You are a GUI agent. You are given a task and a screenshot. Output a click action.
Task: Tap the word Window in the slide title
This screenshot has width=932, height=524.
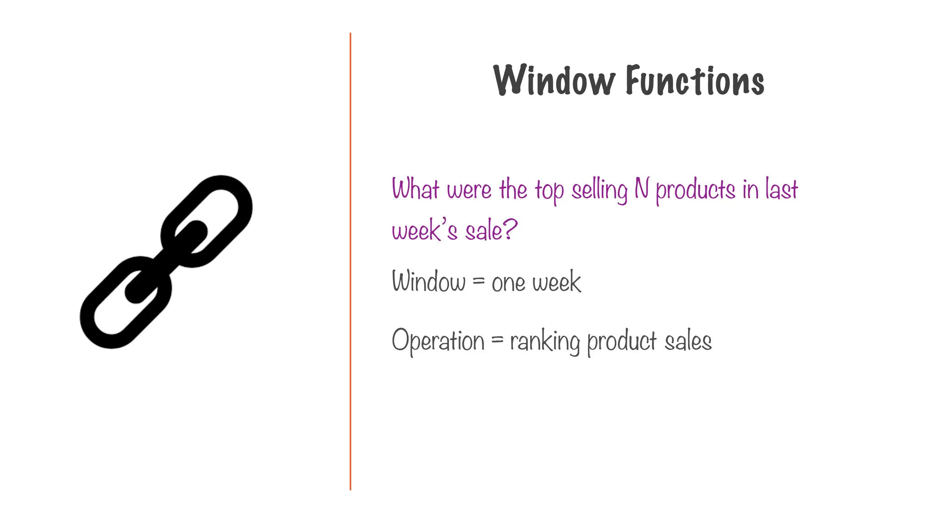(x=554, y=81)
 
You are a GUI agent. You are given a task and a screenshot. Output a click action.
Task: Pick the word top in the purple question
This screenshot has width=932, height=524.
(x=549, y=191)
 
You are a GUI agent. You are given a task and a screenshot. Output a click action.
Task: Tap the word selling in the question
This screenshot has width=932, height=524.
(x=599, y=190)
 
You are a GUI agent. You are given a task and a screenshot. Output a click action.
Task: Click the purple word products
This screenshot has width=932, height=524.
(x=695, y=191)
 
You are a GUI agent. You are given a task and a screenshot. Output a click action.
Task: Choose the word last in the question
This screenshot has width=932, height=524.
(x=781, y=189)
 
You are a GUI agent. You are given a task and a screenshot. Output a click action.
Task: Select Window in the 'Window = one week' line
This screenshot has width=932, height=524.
(x=429, y=282)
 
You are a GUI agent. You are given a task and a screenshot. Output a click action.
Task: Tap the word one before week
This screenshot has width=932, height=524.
(x=508, y=283)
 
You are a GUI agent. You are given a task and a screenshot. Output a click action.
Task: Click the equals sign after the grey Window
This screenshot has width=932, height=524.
(x=478, y=282)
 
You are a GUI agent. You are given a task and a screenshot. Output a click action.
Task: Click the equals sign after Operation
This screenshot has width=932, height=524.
(x=497, y=340)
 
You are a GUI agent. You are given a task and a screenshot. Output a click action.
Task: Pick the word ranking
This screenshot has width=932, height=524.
(x=545, y=342)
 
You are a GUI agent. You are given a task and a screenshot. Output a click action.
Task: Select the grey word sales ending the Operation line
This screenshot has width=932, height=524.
(x=688, y=342)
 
